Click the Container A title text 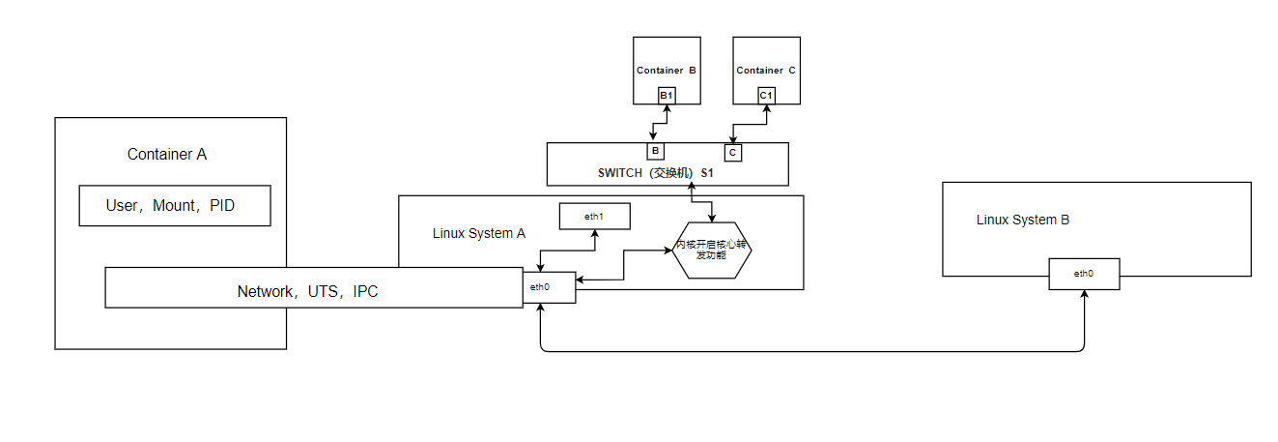pos(167,155)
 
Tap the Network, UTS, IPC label pos(307,291)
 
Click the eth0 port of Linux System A pos(549,287)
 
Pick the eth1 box pos(594,217)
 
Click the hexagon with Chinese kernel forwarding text pos(712,250)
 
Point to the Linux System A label pos(479,233)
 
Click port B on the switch pos(655,152)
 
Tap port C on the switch pos(733,153)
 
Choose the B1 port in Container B pos(667,95)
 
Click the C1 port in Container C pos(766,95)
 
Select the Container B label pos(667,71)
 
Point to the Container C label pos(766,71)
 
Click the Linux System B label pos(1023,220)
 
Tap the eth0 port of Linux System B pos(1084,274)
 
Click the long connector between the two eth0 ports pos(811,351)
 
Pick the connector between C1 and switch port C pos(750,124)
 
